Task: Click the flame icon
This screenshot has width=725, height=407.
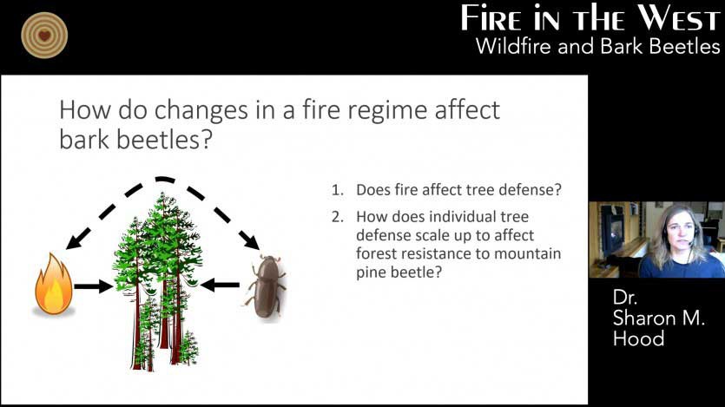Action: (54, 284)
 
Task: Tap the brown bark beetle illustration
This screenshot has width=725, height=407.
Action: (267, 286)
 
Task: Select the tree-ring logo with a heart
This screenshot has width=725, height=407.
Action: (44, 36)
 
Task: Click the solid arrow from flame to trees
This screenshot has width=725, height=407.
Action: (94, 286)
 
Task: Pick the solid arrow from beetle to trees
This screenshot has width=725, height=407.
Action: (220, 285)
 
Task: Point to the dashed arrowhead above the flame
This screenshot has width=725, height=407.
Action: (76, 240)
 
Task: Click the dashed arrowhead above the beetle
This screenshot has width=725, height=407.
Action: (250, 240)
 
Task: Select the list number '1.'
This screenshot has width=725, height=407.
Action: (338, 190)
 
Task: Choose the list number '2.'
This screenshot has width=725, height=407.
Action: (338, 217)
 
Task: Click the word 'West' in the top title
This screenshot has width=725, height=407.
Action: (680, 19)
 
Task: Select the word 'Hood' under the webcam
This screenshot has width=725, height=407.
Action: (638, 338)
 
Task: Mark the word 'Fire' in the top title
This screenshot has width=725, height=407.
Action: (491, 19)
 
